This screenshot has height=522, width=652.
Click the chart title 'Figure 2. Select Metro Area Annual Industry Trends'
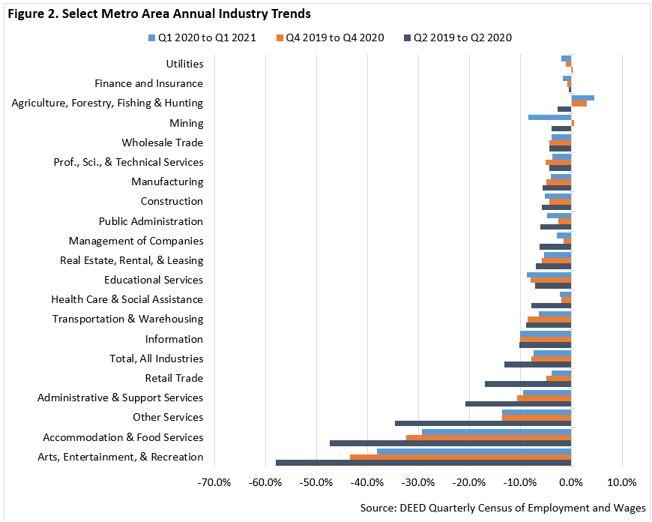pyautogui.click(x=159, y=13)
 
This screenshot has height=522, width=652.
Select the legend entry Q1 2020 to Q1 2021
pyautogui.click(x=207, y=37)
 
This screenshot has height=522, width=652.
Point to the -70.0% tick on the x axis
pyautogui.click(x=214, y=481)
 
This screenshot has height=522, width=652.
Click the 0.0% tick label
pyautogui.click(x=571, y=481)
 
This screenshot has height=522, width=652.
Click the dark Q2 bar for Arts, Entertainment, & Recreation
pyautogui.click(x=423, y=463)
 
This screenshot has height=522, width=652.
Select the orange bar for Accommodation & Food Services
pyautogui.click(x=489, y=437)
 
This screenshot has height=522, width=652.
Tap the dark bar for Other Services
pyautogui.click(x=483, y=423)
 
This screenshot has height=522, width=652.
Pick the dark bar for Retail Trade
pyautogui.click(x=528, y=384)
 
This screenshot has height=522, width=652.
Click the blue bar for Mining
pyautogui.click(x=549, y=117)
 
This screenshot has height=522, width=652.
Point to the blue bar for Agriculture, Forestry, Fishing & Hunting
pyautogui.click(x=583, y=97)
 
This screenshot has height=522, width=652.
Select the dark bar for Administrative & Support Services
pyautogui.click(x=518, y=403)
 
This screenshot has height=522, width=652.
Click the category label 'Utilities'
pyautogui.click(x=184, y=65)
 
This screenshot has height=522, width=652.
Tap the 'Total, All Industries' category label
pyautogui.click(x=156, y=358)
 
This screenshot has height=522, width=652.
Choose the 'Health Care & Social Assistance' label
pyautogui.click(x=127, y=299)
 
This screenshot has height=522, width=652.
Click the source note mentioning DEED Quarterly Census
pyautogui.click(x=502, y=508)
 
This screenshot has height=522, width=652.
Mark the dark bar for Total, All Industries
pyautogui.click(x=537, y=364)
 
